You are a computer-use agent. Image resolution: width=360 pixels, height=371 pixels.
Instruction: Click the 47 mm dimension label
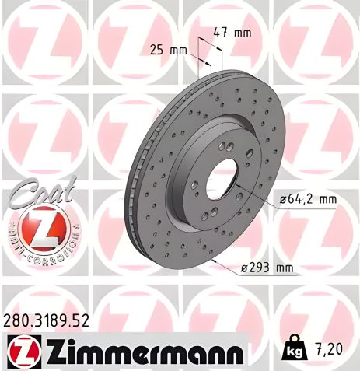232,33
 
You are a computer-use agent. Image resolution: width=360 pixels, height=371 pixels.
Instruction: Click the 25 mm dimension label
168,50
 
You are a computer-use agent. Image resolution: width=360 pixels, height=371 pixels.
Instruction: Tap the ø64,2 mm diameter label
308,199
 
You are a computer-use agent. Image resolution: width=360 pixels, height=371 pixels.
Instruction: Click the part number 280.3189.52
47,319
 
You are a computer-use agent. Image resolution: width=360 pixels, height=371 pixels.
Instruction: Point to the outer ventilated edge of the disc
136,194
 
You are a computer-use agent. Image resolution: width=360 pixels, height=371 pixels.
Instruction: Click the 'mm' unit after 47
243,33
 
